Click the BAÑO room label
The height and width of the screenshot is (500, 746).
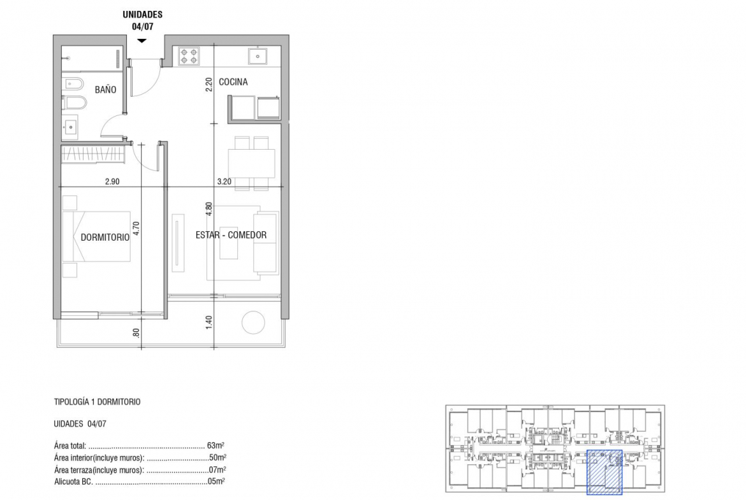(x=105, y=89)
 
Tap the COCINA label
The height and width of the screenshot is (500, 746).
(x=233, y=82)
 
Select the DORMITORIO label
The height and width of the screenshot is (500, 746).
(x=105, y=237)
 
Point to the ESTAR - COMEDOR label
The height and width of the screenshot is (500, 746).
(x=231, y=235)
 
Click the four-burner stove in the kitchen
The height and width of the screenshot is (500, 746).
(x=188, y=55)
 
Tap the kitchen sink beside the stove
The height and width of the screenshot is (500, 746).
(x=258, y=56)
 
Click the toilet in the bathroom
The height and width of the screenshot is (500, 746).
(x=74, y=102)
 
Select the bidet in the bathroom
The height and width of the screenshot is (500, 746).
(x=73, y=84)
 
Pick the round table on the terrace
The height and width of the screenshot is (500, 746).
(x=253, y=323)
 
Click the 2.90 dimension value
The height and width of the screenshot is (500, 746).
(x=112, y=182)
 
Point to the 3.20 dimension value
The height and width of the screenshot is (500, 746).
(x=224, y=182)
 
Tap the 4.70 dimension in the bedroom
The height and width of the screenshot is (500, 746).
(x=136, y=229)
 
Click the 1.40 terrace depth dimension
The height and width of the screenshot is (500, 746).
(x=208, y=322)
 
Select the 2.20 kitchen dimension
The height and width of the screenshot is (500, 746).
(x=208, y=85)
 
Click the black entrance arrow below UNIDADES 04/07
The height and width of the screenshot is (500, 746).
(x=142, y=41)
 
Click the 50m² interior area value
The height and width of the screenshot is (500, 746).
(x=217, y=458)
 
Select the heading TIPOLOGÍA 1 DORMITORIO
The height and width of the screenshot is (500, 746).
(x=97, y=402)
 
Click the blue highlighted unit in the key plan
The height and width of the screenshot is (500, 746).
(x=604, y=472)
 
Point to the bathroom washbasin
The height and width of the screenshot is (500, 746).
(x=70, y=127)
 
